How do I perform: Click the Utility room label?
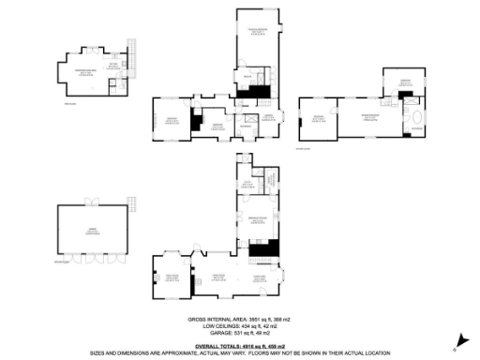point(247,185)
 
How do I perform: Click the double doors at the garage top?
point(93,202)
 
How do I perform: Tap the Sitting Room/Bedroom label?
point(96,71)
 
